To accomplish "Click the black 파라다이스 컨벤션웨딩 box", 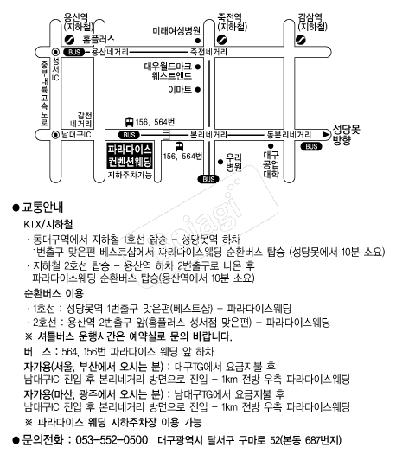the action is click(x=130, y=156).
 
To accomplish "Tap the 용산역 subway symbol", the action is click(x=69, y=39).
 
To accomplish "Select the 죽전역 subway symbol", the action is click(x=221, y=39).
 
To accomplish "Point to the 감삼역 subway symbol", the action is click(x=301, y=39).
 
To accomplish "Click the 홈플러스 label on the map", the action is click(x=99, y=39).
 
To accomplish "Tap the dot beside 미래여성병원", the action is click(x=198, y=41).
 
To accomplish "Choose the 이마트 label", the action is click(x=180, y=89).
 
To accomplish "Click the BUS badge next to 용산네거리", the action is click(x=74, y=52).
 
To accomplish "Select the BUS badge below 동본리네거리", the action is click(x=311, y=146).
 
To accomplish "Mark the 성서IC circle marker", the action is click(x=55, y=52).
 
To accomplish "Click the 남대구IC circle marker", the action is click(x=55, y=135).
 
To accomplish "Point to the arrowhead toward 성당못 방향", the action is click(x=326, y=134).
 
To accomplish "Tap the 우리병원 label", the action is click(x=233, y=163).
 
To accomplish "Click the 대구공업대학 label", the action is click(x=271, y=164).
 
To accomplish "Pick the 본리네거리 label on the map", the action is click(x=208, y=135).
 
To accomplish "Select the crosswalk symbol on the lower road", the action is click(x=166, y=135).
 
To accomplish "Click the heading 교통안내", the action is click(x=42, y=208).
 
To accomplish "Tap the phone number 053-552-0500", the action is click(x=112, y=440).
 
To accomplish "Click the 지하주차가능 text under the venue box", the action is click(x=130, y=176).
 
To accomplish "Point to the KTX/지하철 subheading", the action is click(x=48, y=224).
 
